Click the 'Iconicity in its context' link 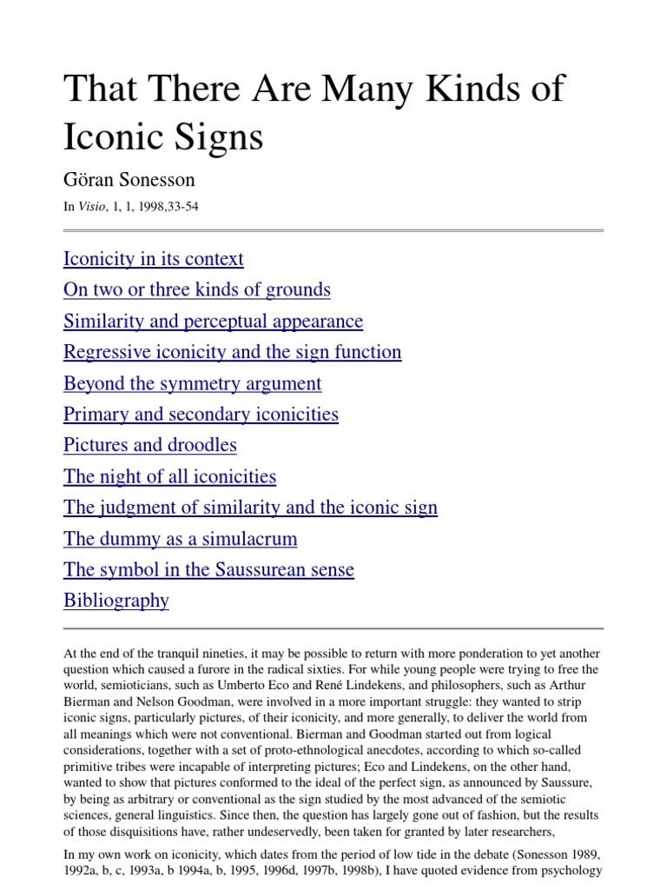153,259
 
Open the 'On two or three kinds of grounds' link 196,290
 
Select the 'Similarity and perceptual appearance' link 213,322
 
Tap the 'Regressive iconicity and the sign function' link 232,352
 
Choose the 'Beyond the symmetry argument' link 192,383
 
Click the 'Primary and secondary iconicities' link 201,415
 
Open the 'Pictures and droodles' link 149,445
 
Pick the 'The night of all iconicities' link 169,476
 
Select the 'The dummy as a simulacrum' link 180,539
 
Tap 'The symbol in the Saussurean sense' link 208,570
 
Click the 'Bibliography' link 116,601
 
